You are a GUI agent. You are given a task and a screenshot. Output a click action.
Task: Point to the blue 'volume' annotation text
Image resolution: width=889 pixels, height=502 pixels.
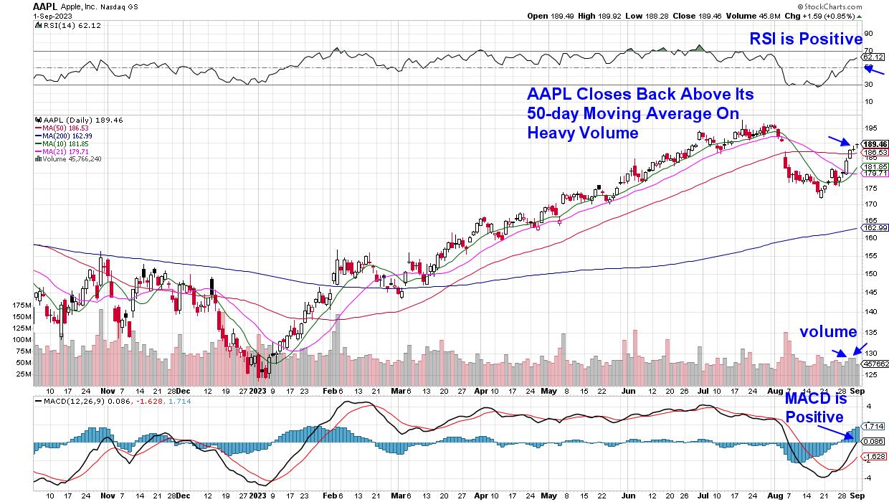point(828,331)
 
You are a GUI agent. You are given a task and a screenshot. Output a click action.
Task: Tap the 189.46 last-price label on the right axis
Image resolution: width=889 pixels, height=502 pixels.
point(875,144)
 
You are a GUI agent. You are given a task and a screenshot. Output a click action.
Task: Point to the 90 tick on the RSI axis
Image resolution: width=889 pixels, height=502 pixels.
point(867,33)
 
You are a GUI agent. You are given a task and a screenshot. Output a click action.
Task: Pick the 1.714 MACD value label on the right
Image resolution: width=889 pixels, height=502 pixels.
point(874,426)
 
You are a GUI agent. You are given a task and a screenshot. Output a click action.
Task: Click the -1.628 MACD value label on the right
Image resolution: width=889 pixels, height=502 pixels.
point(874,456)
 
